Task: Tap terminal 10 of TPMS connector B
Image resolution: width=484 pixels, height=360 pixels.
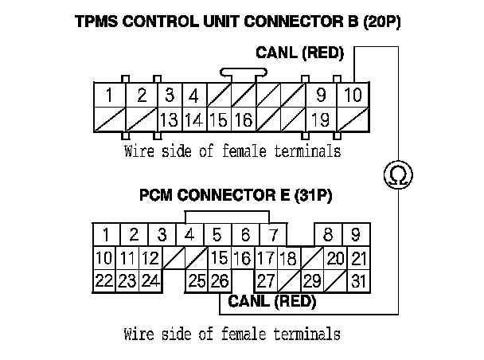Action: pyautogui.click(x=353, y=96)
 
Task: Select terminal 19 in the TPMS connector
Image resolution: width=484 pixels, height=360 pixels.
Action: pyautogui.click(x=322, y=120)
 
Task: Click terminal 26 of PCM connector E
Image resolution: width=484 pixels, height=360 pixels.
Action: pyautogui.click(x=220, y=280)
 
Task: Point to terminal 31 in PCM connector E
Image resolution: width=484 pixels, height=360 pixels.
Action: pyautogui.click(x=360, y=280)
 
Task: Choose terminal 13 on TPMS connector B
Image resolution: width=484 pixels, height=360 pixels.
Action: pyautogui.click(x=169, y=120)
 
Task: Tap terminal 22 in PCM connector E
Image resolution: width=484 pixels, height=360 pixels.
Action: pyautogui.click(x=103, y=280)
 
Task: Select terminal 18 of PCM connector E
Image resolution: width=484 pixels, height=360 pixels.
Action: pyautogui.click(x=288, y=258)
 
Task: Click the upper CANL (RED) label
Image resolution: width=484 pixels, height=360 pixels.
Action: pyautogui.click(x=299, y=53)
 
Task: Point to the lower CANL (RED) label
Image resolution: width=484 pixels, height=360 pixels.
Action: pyautogui.click(x=271, y=302)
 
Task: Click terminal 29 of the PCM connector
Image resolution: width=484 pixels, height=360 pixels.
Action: pyautogui.click(x=312, y=280)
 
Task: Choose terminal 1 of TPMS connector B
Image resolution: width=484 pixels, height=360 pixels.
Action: pyautogui.click(x=107, y=96)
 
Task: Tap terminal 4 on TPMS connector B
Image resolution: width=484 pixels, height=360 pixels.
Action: pyautogui.click(x=193, y=96)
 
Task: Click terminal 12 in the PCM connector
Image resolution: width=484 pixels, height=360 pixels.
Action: pyautogui.click(x=150, y=258)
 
